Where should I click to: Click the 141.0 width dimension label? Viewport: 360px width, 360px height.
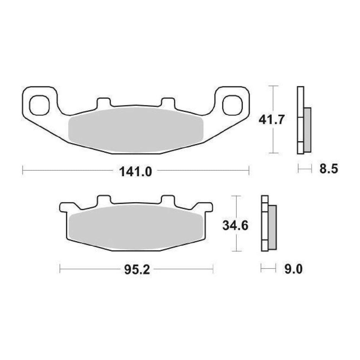135,171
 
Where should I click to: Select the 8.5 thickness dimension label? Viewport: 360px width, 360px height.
328,169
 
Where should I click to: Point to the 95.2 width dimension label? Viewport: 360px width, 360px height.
137,270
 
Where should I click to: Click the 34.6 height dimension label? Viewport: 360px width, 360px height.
235,226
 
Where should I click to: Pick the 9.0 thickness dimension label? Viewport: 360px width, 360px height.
293,269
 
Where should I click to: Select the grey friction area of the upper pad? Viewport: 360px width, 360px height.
135,130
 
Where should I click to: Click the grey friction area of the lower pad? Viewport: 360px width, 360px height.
135,227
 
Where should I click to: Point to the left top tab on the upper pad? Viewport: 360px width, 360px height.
103,102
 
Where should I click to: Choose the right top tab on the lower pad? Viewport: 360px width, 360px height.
168,200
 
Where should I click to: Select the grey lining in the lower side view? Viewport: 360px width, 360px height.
272,227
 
